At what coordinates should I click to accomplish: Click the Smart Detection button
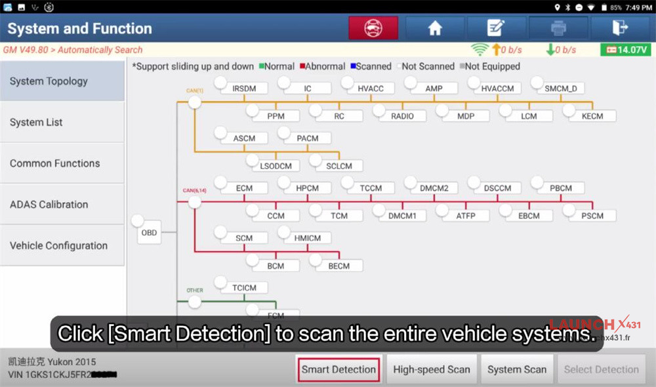[x=338, y=369]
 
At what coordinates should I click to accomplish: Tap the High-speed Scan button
[x=432, y=369]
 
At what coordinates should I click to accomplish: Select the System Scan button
[x=517, y=369]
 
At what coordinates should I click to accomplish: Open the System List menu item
[x=62, y=123]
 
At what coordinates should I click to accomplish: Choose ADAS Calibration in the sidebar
[x=62, y=205]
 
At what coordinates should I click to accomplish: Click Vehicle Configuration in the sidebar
[x=62, y=246]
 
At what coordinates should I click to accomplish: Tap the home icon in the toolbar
[x=435, y=28]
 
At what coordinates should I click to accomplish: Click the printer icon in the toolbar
[x=558, y=28]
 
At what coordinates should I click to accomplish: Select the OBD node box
[x=150, y=233]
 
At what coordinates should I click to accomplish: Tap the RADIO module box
[x=402, y=116]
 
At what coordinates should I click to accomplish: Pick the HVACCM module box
[x=497, y=89]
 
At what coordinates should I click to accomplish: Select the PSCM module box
[x=596, y=216]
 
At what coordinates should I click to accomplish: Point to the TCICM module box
[x=244, y=288]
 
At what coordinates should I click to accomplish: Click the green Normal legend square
[x=261, y=66]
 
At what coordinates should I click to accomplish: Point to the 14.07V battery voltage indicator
[x=625, y=50]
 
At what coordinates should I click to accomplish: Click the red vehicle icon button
[x=373, y=28]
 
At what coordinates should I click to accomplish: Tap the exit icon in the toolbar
[x=619, y=28]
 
